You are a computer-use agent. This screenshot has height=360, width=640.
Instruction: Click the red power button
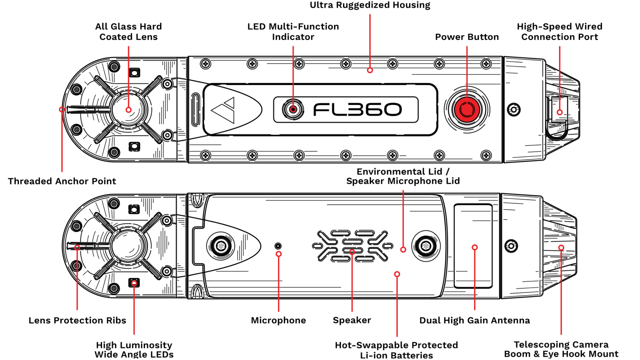pyautogui.click(x=467, y=110)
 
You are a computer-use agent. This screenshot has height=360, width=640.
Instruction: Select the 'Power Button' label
pyautogui.click(x=467, y=37)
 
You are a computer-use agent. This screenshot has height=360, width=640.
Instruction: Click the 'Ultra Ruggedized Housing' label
pyautogui.click(x=370, y=5)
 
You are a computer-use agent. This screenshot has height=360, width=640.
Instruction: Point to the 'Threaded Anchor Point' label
pyautogui.click(x=62, y=181)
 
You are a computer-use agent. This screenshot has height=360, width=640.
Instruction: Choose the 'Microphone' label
pyautogui.click(x=278, y=320)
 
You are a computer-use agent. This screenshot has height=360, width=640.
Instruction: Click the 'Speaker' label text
pyautogui.click(x=352, y=320)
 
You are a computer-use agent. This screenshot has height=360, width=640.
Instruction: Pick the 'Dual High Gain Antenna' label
pyautogui.click(x=474, y=320)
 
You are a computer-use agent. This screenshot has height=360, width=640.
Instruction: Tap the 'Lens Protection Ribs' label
pyautogui.click(x=77, y=320)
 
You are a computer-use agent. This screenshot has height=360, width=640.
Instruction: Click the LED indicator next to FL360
pyautogui.click(x=293, y=109)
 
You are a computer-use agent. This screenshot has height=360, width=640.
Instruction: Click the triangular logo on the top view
pyautogui.click(x=224, y=110)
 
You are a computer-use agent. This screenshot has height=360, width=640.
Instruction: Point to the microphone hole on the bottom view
pyautogui.click(x=278, y=246)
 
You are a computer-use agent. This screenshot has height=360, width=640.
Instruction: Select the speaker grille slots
pyautogui.click(x=352, y=246)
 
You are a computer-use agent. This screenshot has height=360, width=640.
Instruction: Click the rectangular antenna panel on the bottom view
pyautogui.click(x=473, y=246)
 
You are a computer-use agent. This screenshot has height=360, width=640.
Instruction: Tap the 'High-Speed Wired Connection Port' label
pyautogui.click(x=559, y=32)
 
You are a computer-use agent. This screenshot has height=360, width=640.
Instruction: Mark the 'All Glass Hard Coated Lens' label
pyautogui.click(x=128, y=32)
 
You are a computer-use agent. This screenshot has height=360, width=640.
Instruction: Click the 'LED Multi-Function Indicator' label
pyautogui.click(x=293, y=32)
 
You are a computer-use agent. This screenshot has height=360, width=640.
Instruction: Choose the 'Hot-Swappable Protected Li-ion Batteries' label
pyautogui.click(x=396, y=350)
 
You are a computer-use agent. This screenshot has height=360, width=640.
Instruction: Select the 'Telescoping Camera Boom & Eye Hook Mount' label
pyautogui.click(x=561, y=349)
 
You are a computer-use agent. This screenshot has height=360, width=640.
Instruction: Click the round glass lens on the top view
pyautogui.click(x=128, y=110)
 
